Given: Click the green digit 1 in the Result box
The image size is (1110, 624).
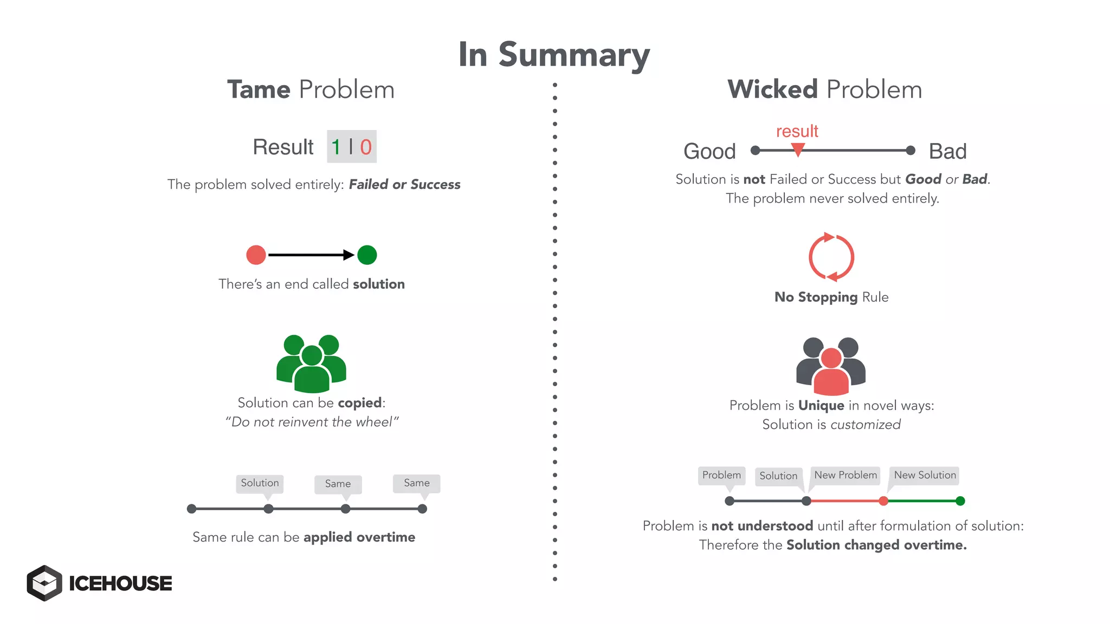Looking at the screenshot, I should (x=336, y=147).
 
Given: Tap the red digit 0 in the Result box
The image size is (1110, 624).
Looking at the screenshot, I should (x=366, y=147).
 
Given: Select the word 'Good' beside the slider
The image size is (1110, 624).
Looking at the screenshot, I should (x=709, y=151).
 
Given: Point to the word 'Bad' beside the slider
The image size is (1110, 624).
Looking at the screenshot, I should (x=947, y=151).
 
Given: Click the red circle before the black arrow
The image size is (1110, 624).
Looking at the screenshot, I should (x=256, y=255).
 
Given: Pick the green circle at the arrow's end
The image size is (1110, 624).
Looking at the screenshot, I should (x=367, y=255).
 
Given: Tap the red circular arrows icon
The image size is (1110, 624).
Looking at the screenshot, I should (x=831, y=257).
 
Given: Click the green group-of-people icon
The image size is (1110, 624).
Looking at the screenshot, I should (x=311, y=363).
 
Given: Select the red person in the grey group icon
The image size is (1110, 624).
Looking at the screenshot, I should (x=831, y=373).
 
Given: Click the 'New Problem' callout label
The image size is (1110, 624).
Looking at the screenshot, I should (x=845, y=475).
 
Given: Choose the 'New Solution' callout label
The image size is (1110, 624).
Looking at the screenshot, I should (x=925, y=475).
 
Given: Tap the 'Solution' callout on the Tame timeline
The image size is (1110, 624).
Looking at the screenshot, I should (x=260, y=483).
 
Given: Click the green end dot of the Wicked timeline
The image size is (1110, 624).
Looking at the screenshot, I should (x=960, y=501).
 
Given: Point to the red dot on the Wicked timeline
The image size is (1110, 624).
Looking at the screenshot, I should (x=883, y=501).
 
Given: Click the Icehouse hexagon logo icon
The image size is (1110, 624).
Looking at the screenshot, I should (x=44, y=583).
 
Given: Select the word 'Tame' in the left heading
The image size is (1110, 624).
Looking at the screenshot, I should (x=259, y=89).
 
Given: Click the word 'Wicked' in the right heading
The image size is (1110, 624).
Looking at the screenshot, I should (x=772, y=89).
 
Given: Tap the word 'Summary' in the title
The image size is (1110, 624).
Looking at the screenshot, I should (x=574, y=55).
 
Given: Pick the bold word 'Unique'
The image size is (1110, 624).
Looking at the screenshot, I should (x=821, y=406).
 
